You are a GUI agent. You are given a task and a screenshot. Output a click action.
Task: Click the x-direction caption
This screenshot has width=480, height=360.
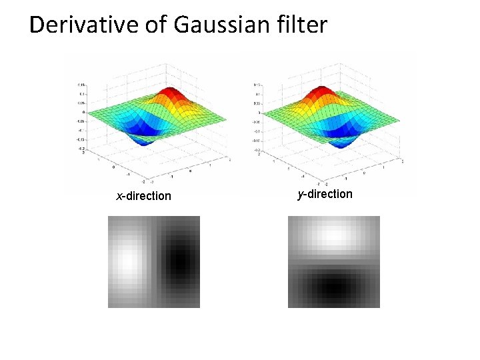coord(143,196)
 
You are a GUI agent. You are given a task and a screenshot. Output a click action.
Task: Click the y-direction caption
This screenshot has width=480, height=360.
coord(325,194)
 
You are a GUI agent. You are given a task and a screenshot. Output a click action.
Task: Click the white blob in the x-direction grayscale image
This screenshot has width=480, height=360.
coord(126,261)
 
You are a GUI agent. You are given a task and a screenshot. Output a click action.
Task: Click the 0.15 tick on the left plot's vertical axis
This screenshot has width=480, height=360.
coord(81,85)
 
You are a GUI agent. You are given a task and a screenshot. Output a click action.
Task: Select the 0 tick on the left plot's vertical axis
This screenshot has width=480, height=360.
coord(83,113)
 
